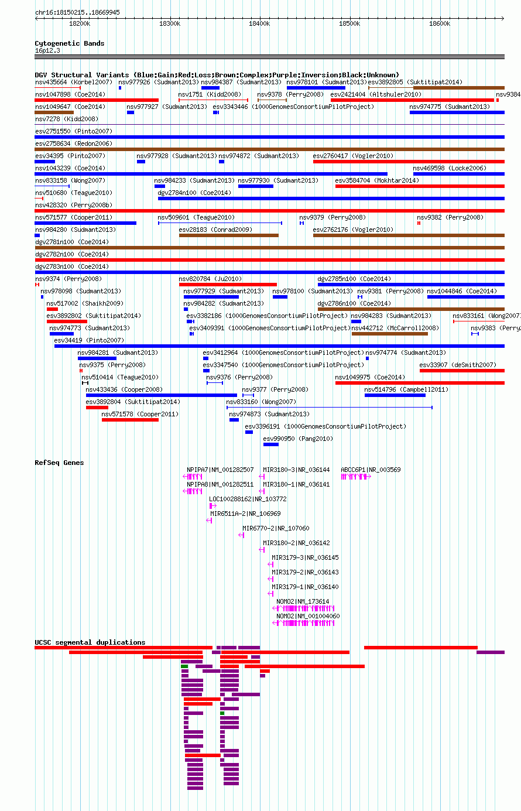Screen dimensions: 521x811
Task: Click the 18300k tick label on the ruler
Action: [169, 23]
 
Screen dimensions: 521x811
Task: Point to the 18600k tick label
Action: [440, 23]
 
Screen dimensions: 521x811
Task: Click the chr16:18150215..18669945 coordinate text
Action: [77, 12]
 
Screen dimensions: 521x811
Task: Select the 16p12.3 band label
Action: [47, 50]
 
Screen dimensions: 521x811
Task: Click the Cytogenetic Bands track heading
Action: [70, 43]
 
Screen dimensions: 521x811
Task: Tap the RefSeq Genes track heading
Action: [59, 463]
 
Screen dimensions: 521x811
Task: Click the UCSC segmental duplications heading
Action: [90, 642]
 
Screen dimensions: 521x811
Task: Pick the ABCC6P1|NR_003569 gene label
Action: [371, 470]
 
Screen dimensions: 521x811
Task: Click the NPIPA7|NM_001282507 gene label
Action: [220, 470]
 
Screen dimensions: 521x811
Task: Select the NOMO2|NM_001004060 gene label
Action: [308, 616]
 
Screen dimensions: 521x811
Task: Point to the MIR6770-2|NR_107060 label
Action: [276, 528]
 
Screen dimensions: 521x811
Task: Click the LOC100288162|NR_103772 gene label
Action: [248, 499]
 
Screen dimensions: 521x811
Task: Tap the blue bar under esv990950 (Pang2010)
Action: [271, 444]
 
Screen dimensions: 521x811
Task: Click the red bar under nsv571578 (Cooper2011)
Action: [131, 420]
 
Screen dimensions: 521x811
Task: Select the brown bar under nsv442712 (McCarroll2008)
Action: [390, 333]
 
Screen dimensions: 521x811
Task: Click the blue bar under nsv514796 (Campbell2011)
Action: [395, 395]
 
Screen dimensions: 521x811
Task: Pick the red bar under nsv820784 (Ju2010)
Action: [228, 284]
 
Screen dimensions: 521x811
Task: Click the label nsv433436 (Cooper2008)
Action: [124, 389]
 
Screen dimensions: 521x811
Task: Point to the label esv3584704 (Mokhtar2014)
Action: [377, 180]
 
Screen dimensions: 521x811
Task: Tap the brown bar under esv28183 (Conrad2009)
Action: [229, 235]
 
